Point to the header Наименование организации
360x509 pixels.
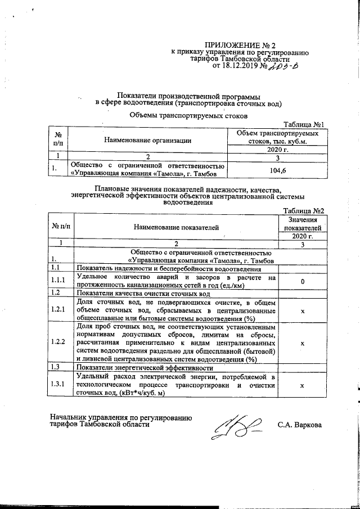click(x=147, y=140)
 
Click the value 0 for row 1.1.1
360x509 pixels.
click(x=303, y=281)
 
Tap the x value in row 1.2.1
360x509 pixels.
click(x=303, y=310)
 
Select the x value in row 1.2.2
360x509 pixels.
click(x=303, y=343)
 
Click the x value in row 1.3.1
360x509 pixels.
click(x=303, y=386)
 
